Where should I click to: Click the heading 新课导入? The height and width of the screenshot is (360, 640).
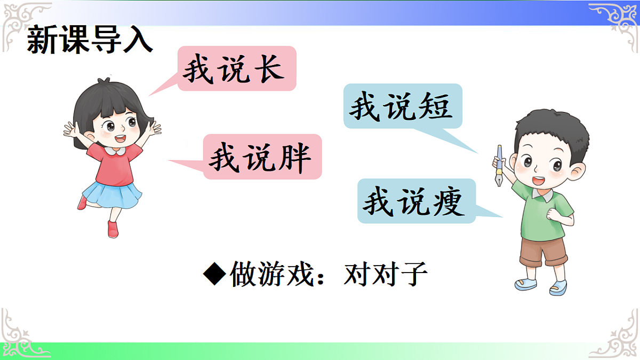coord(90,41)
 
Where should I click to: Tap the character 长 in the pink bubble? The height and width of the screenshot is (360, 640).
coord(266,69)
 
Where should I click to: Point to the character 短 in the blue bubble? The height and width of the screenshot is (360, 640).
coord(431,107)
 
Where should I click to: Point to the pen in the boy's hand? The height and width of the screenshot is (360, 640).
coord(500,165)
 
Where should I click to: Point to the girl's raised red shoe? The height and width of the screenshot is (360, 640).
coord(82,202)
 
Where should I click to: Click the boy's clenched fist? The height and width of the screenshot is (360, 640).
coord(552,213)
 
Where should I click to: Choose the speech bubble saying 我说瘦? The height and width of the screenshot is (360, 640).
coord(416,201)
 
